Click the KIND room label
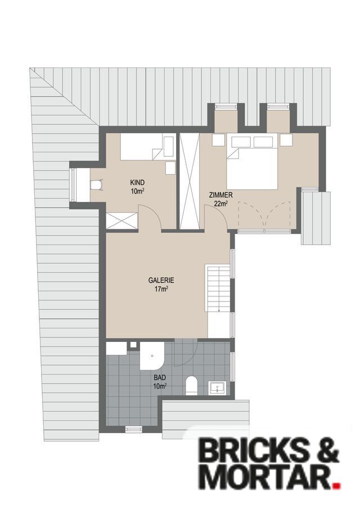point(137,182)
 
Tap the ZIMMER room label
point(220,195)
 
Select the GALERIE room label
point(161,280)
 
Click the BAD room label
point(160,377)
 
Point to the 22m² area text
point(220,204)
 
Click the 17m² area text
point(161,289)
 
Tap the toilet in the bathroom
point(191,385)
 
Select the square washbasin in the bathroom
point(216,388)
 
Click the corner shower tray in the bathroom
point(152,355)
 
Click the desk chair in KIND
point(96,184)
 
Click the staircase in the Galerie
point(218,289)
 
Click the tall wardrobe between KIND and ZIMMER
point(190,181)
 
